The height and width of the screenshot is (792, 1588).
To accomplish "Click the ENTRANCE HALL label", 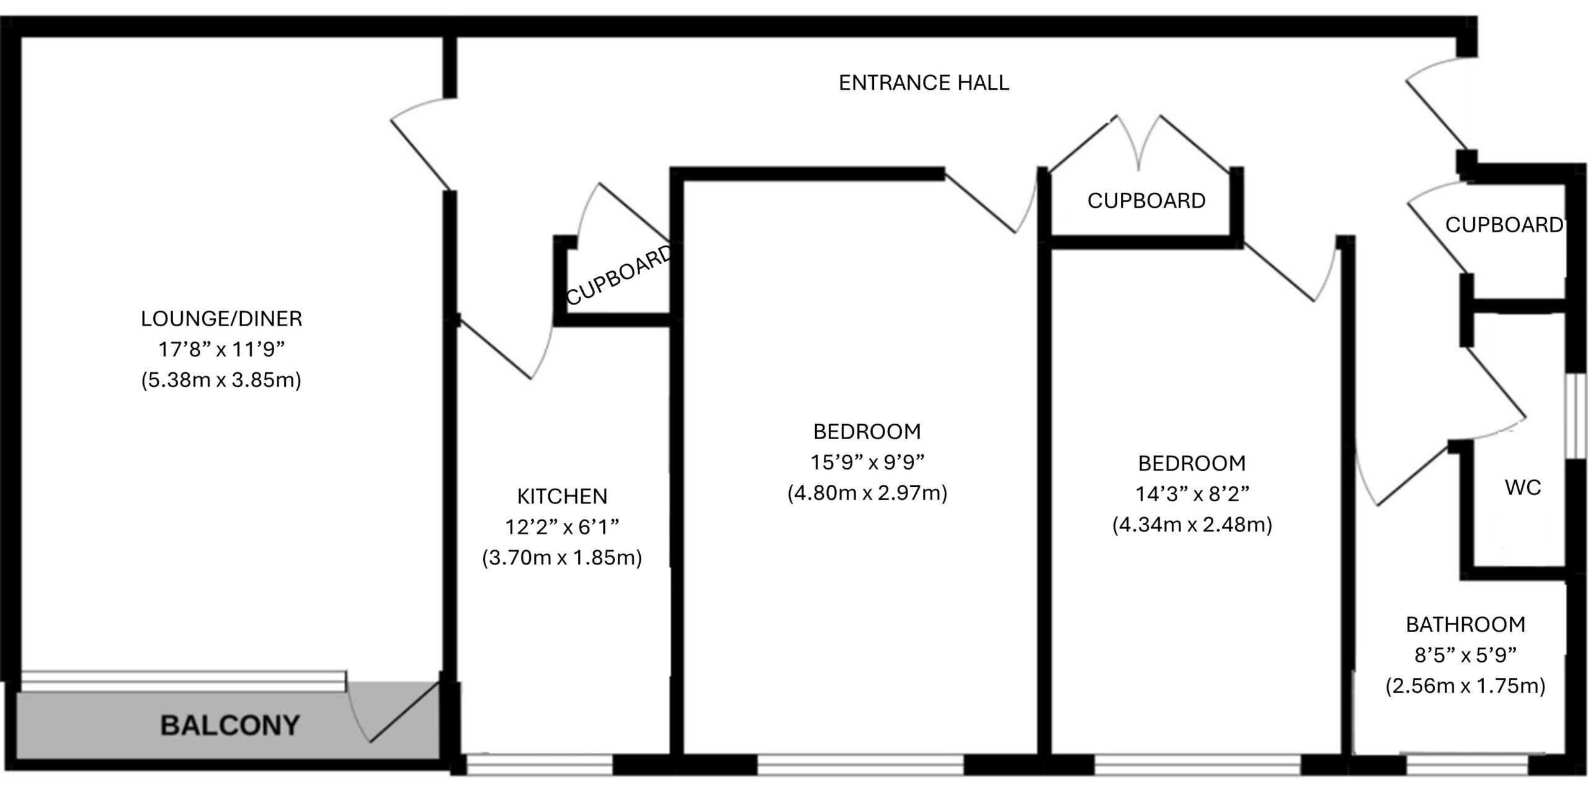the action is click(924, 83).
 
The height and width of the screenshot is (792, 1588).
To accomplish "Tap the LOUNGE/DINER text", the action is click(221, 319).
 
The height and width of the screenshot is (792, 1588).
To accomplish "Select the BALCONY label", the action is click(230, 726).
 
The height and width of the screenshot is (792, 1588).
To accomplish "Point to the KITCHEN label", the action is click(562, 496).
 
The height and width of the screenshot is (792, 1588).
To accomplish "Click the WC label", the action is click(1523, 487).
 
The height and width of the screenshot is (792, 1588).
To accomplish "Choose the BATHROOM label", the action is click(1466, 625).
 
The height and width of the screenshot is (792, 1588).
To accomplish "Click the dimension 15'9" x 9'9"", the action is click(867, 462).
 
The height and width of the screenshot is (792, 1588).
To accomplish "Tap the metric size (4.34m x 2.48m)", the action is click(1192, 525).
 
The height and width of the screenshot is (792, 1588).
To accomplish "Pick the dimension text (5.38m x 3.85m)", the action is click(221, 380).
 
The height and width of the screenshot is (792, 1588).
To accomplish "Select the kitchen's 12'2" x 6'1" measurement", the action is click(562, 527).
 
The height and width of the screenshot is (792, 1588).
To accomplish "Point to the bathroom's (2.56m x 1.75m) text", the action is click(1466, 686).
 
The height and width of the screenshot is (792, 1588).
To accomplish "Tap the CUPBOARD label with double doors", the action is click(1146, 201).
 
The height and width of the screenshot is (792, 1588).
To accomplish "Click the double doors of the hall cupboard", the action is click(1139, 143).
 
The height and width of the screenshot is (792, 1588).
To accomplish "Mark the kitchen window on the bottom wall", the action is click(539, 764).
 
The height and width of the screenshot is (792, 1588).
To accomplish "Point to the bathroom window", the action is click(1466, 764).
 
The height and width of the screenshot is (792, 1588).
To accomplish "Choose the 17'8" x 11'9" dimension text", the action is click(221, 350).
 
